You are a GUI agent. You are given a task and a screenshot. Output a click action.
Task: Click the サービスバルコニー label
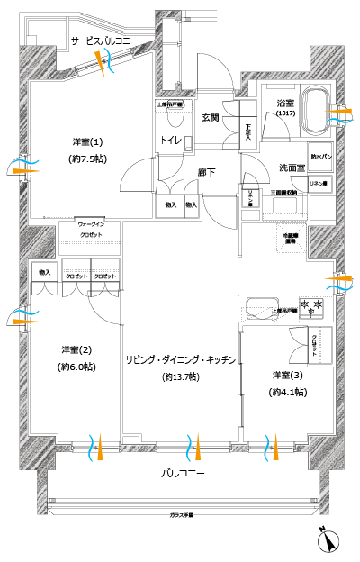(104, 41)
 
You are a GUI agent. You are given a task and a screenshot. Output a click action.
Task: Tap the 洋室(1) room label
(87, 142)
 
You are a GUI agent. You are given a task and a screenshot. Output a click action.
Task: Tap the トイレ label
(172, 140)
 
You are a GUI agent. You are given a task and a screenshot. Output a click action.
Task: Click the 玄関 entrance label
(211, 117)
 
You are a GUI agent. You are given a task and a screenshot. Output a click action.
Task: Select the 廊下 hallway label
(206, 171)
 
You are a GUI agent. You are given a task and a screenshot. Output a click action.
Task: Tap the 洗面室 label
(291, 168)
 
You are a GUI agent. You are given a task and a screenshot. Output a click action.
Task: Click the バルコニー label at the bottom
(183, 474)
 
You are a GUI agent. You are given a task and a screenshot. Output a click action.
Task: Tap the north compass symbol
(328, 540)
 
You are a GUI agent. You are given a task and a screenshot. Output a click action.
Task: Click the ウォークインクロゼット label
(90, 229)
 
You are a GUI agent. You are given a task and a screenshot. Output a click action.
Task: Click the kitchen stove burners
(310, 306)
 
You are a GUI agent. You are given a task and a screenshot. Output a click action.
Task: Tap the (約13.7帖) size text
(181, 376)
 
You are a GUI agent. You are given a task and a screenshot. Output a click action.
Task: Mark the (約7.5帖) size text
(87, 159)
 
